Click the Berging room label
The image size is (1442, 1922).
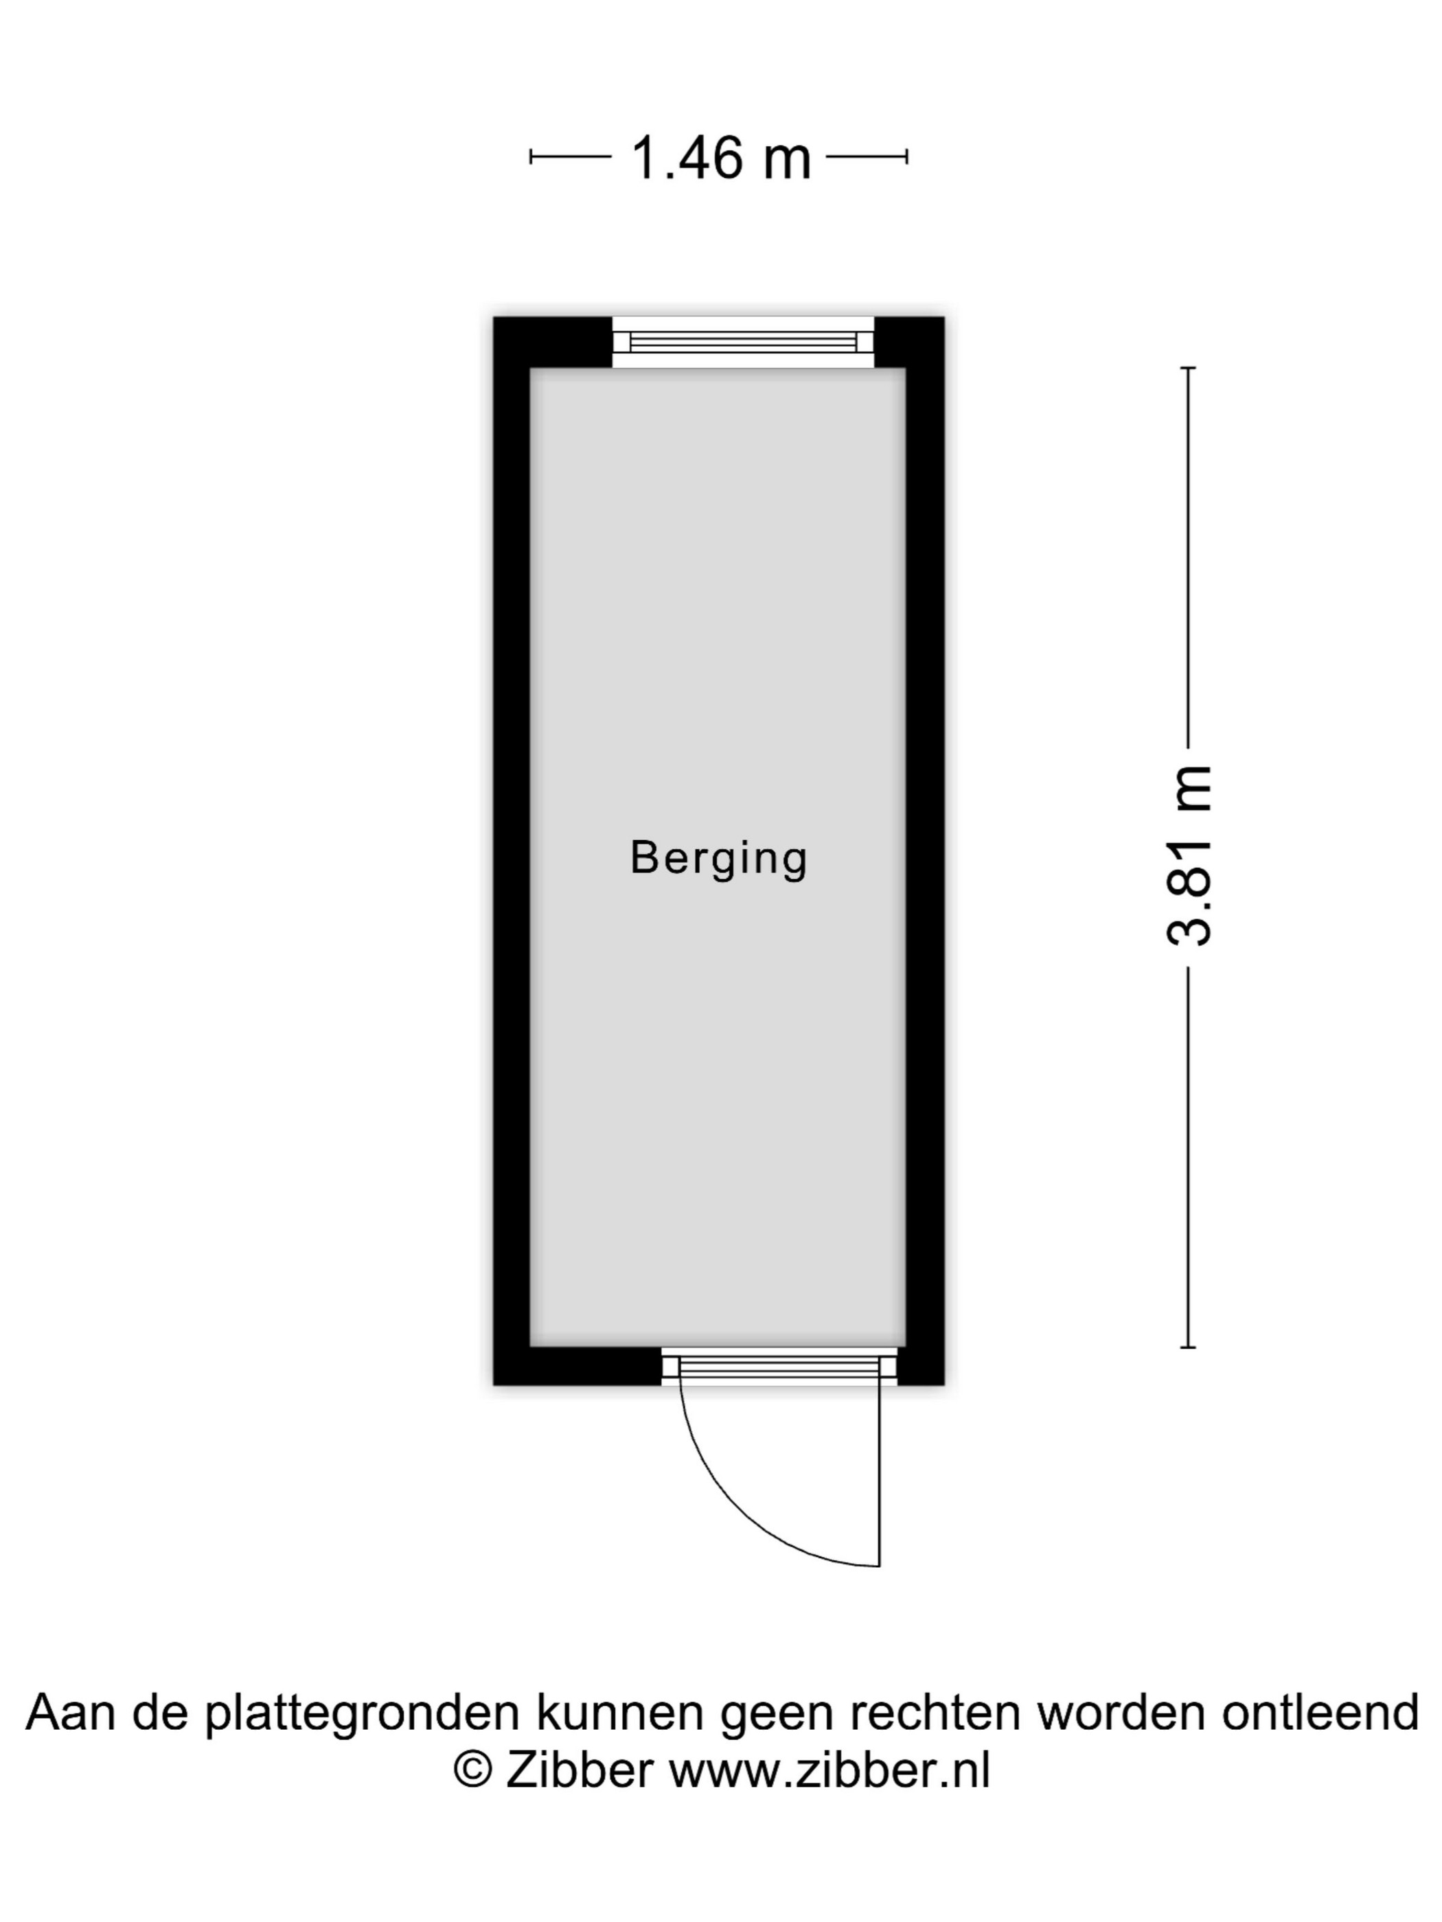(719, 859)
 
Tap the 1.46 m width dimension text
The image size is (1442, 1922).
(720, 158)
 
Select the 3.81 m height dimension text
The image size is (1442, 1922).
(1187, 855)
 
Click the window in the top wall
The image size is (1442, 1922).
(743, 341)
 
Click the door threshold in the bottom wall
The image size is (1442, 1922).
(779, 1369)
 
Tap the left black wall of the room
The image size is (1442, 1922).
(512, 852)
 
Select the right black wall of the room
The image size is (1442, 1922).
(925, 852)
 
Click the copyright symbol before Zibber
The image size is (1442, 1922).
(473, 1769)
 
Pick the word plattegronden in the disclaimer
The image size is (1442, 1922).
(362, 1713)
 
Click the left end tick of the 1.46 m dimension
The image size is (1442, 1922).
(531, 157)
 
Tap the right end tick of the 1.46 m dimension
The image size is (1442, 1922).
(908, 157)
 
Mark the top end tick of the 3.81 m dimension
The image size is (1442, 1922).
(1187, 369)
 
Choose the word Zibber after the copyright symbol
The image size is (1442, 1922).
(580, 1769)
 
